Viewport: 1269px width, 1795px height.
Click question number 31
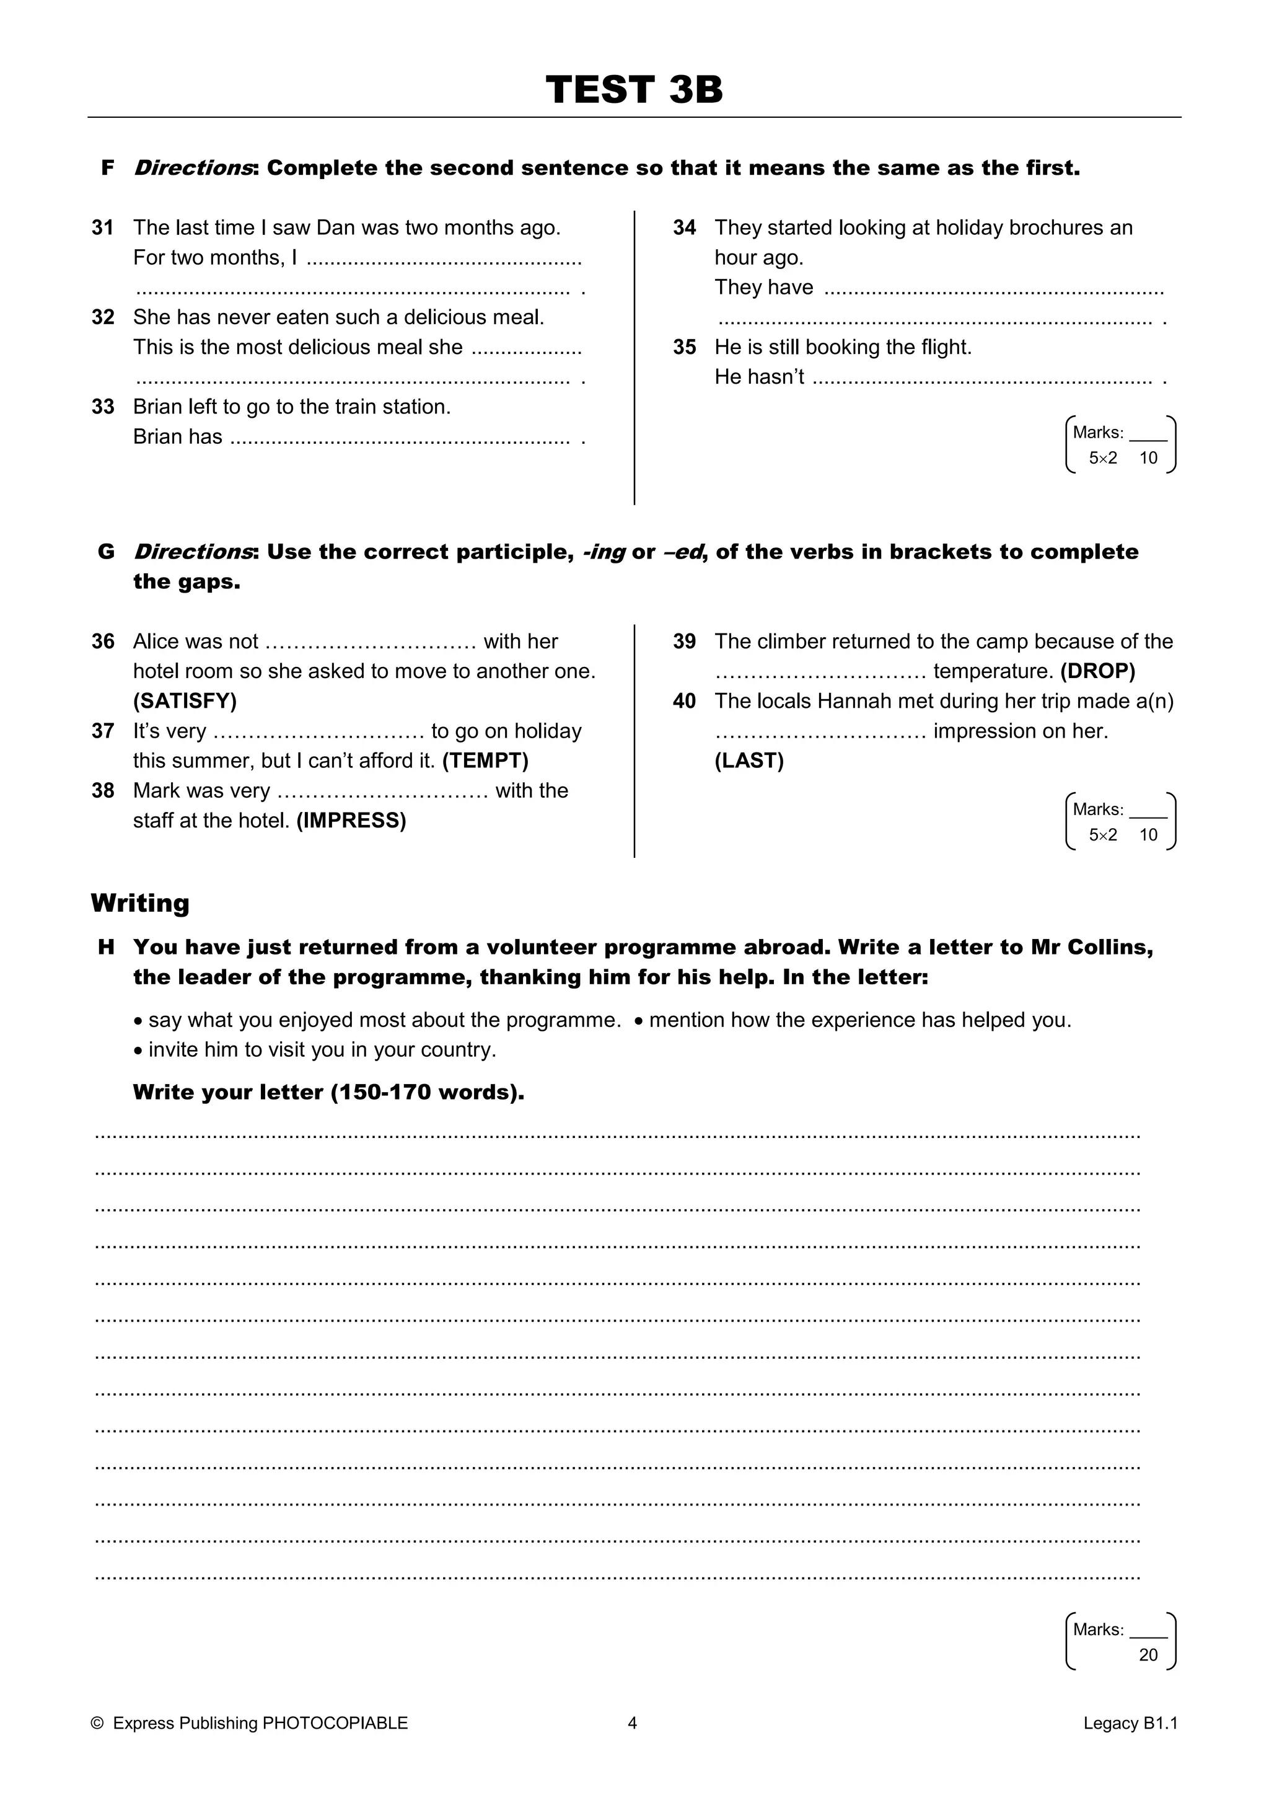coord(102,227)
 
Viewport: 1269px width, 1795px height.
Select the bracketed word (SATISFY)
coord(185,700)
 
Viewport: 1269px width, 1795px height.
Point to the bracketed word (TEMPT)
coord(485,761)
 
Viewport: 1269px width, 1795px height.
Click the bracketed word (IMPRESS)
coord(351,820)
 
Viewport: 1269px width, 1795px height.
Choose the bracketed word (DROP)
coord(1097,671)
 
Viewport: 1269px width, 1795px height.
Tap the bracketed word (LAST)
coord(749,761)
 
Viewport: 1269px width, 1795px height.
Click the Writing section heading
coord(140,903)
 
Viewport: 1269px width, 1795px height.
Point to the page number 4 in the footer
coord(632,1723)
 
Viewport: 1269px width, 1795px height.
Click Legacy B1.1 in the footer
coord(1130,1723)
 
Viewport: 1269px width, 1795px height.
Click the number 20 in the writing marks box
coord(1148,1655)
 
